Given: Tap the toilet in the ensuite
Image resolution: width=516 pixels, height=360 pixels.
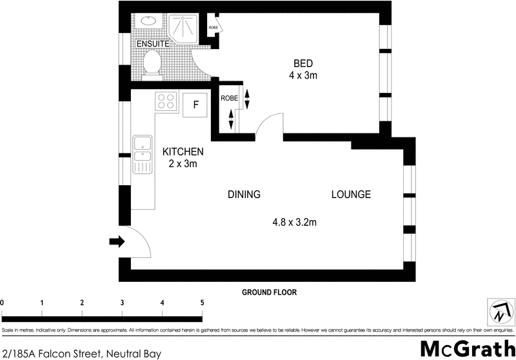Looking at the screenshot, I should [153, 63].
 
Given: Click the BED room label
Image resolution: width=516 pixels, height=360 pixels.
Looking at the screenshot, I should [303, 63].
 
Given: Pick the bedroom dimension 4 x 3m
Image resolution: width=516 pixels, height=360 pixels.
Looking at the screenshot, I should [303, 75].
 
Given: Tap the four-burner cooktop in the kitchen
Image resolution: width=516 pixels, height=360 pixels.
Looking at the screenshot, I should [165, 102].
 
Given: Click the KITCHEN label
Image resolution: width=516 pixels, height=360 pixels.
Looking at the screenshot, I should [183, 152].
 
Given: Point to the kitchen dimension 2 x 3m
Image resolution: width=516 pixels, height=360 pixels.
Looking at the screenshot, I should [183, 164].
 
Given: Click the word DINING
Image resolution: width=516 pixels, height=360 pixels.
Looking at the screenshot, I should [243, 194].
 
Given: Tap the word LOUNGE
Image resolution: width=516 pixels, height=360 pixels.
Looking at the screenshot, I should [351, 194].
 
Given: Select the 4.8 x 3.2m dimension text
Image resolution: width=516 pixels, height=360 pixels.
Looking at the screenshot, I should [294, 223].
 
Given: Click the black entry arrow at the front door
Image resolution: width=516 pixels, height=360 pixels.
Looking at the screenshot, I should [116, 242].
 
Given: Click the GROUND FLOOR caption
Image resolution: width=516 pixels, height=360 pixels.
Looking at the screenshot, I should [269, 292].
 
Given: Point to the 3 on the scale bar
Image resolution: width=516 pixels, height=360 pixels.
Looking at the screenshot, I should [122, 303].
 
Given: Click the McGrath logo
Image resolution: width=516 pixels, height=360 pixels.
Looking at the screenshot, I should [464, 348].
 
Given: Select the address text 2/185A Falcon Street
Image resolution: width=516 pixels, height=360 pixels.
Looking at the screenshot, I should [81, 353].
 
